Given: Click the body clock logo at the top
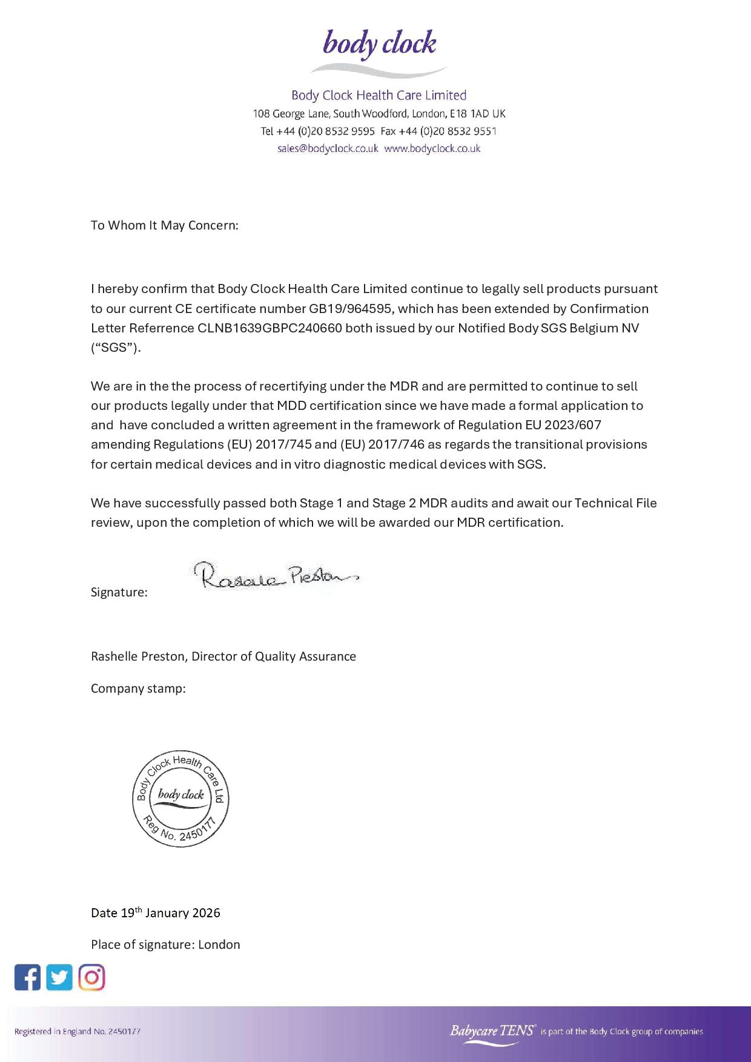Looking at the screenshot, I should click(x=379, y=51).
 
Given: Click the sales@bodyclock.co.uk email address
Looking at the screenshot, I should click(x=328, y=148).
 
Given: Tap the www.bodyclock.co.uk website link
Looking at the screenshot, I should click(x=432, y=148).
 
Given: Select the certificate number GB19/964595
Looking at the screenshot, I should click(x=351, y=309).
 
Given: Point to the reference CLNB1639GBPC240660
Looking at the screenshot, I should click(x=270, y=328).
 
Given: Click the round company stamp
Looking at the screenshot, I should click(x=180, y=799).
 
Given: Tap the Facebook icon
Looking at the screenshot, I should click(x=27, y=977).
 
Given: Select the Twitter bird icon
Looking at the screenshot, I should click(x=59, y=977).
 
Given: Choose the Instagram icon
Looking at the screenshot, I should click(x=91, y=977).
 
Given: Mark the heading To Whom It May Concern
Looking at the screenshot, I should click(x=165, y=225).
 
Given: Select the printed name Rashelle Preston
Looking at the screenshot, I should click(x=139, y=656).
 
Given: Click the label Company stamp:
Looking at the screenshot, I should click(x=138, y=688).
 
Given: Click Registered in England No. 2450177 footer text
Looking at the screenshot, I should click(x=78, y=1031).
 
